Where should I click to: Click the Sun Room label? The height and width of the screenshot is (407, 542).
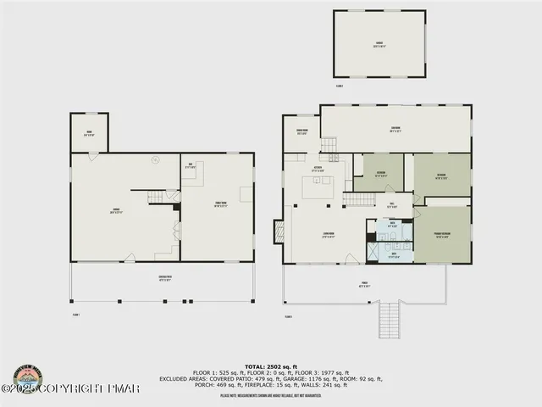click(x=395, y=131)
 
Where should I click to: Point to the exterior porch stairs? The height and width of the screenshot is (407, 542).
click(x=390, y=320)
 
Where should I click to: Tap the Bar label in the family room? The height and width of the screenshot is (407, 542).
click(x=191, y=166)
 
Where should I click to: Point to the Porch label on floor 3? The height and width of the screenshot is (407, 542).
click(x=364, y=286)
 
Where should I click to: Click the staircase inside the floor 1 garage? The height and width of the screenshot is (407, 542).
click(x=161, y=198)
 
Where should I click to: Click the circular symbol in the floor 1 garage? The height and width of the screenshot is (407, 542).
click(x=155, y=159)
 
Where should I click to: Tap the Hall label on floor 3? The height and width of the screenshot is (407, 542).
click(x=392, y=204)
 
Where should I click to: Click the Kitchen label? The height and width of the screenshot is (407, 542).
click(x=318, y=169)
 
